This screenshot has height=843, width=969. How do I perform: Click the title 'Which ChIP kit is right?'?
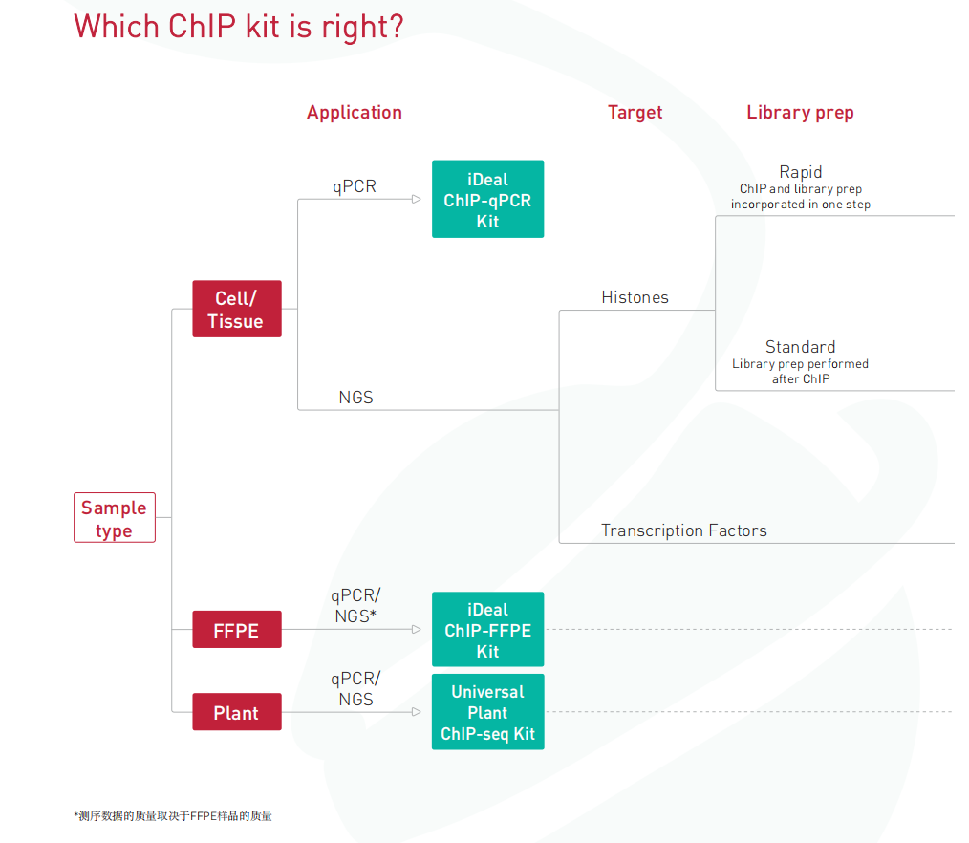pyautogui.click(x=239, y=27)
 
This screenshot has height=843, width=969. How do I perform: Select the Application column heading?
pyautogui.click(x=355, y=113)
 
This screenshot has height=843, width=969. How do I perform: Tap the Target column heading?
pyautogui.click(x=635, y=112)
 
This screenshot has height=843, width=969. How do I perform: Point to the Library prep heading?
pyautogui.click(x=800, y=113)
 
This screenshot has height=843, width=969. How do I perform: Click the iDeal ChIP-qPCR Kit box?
pyautogui.click(x=487, y=199)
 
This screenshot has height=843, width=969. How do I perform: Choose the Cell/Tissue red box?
pyautogui.click(x=237, y=309)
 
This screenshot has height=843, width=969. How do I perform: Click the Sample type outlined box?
pyautogui.click(x=115, y=518)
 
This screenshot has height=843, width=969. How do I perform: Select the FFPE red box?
pyautogui.click(x=237, y=629)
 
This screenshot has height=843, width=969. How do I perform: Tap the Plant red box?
pyautogui.click(x=237, y=712)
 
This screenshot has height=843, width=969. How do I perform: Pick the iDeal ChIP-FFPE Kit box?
pyautogui.click(x=487, y=629)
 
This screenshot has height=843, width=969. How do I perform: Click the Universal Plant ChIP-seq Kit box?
pyautogui.click(x=487, y=712)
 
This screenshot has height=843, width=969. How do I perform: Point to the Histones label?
pyautogui.click(x=635, y=297)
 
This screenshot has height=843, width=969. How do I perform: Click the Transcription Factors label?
pyautogui.click(x=684, y=530)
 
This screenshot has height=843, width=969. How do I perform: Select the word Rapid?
pyautogui.click(x=800, y=172)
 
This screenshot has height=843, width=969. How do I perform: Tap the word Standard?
pyautogui.click(x=800, y=347)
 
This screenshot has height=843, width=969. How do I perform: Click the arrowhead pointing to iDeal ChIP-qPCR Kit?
pyautogui.click(x=417, y=199)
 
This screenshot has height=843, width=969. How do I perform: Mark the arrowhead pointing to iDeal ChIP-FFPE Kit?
pyautogui.click(x=417, y=629)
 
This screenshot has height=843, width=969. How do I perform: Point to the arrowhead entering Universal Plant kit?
pyautogui.click(x=417, y=712)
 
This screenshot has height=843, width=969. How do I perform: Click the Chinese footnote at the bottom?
pyautogui.click(x=173, y=816)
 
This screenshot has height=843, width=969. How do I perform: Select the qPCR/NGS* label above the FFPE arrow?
pyautogui.click(x=355, y=606)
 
